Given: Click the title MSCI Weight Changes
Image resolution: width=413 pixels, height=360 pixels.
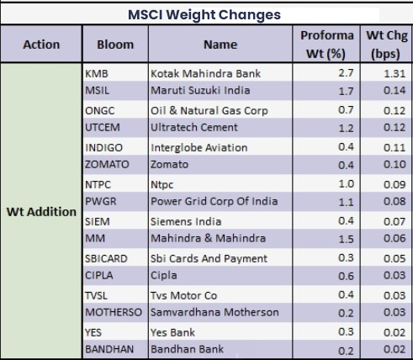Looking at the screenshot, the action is [204, 14].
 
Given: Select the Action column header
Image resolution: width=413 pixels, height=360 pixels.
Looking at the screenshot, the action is [41, 45].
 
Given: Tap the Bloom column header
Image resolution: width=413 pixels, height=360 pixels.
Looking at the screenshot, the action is [115, 45].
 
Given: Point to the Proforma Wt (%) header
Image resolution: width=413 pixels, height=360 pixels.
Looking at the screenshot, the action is [326, 45].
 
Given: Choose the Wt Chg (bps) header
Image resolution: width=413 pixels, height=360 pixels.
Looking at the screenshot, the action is [386, 45].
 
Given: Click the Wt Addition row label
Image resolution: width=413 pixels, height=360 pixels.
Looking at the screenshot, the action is [41, 212].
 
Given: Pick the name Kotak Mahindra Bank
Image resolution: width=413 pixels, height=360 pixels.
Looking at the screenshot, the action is [205, 73].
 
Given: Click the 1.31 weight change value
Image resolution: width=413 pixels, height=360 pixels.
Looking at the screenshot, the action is [394, 73].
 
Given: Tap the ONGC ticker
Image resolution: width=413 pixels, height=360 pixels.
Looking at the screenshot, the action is [100, 110].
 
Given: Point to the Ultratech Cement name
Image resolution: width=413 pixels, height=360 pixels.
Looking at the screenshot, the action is [194, 127].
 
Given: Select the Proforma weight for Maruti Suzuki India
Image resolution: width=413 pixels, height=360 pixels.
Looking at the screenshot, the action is [346, 91].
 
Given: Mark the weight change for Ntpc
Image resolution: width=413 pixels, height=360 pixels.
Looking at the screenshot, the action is [394, 184].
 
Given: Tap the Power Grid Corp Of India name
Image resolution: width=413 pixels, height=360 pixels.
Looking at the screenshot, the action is [214, 201].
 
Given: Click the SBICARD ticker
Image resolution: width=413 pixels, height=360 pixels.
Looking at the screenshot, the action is [106, 258].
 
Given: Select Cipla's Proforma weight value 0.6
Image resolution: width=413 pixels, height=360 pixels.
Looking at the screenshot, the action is [346, 276].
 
